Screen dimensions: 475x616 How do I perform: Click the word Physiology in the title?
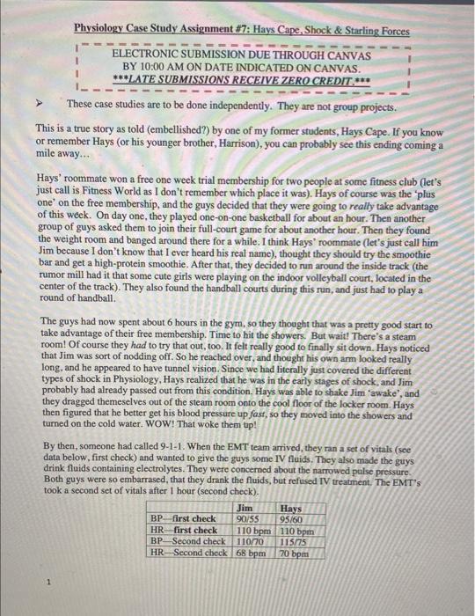point(105,28)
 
